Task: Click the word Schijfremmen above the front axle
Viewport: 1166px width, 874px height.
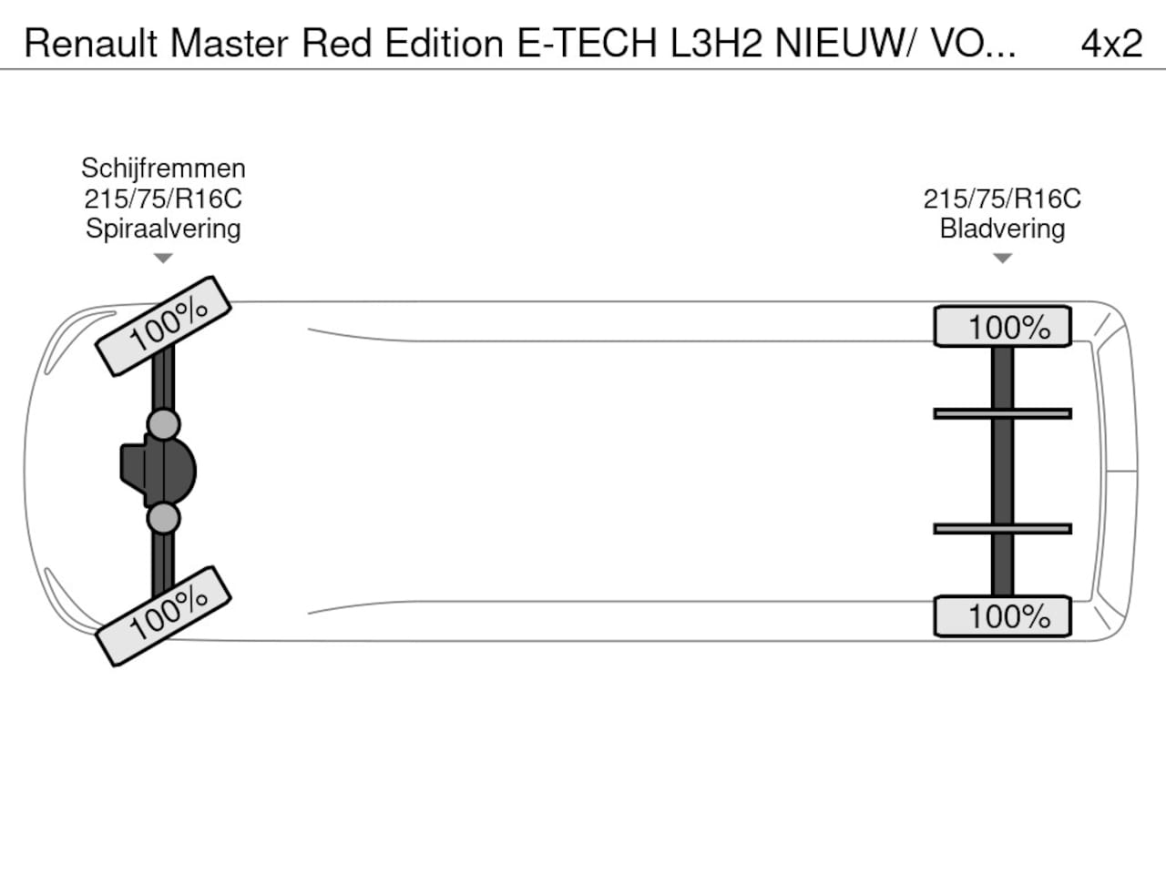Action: pyautogui.click(x=163, y=168)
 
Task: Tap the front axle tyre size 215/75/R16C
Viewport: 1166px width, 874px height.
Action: pyautogui.click(x=163, y=198)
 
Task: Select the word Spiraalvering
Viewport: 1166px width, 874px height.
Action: pyautogui.click(x=163, y=229)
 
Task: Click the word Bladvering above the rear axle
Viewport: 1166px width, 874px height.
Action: pyautogui.click(x=1002, y=229)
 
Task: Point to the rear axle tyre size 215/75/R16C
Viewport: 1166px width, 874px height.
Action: pyautogui.click(x=1002, y=198)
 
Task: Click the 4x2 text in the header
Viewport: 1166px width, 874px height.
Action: pyautogui.click(x=1111, y=43)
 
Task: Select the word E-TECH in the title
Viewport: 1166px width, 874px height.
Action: pyautogui.click(x=587, y=43)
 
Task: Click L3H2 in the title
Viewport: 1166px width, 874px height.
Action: pyautogui.click(x=716, y=43)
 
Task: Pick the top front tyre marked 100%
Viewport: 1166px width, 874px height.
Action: pyautogui.click(x=164, y=325)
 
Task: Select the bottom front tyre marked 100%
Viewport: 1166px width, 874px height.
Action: pyautogui.click(x=164, y=615)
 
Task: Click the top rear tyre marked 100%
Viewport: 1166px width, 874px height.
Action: pyautogui.click(x=1002, y=327)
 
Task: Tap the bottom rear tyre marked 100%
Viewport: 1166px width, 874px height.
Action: pyautogui.click(x=1002, y=616)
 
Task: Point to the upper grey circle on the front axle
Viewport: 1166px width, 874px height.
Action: pyautogui.click(x=164, y=424)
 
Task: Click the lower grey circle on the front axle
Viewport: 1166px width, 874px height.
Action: pyautogui.click(x=164, y=518)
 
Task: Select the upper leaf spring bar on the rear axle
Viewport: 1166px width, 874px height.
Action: pyautogui.click(x=1002, y=413)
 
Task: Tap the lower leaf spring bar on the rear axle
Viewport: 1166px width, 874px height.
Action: pyautogui.click(x=1002, y=529)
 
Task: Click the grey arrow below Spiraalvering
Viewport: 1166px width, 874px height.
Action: pyautogui.click(x=163, y=259)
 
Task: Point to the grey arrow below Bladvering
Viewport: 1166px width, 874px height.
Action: pyautogui.click(x=1002, y=259)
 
